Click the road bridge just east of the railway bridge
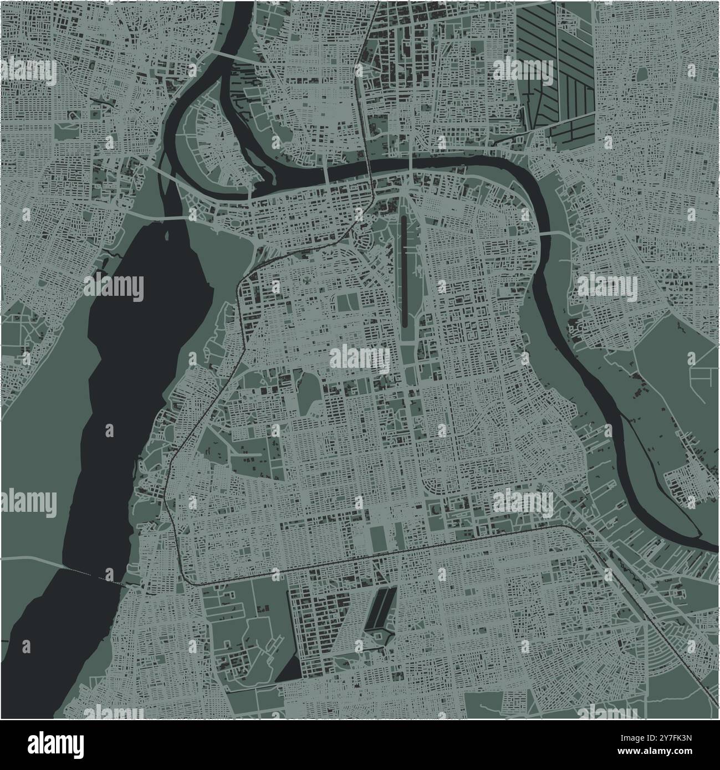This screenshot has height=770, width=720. click(410, 164)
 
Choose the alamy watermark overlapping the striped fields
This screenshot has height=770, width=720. click(523, 70)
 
